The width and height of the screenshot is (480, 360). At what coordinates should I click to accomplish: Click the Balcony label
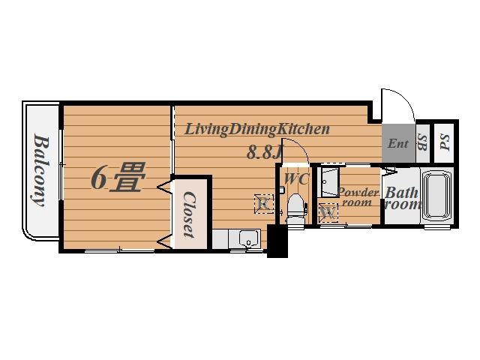[41, 172]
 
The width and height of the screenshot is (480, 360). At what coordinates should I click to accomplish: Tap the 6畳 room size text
[118, 178]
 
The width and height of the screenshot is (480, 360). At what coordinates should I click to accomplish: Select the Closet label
[189, 214]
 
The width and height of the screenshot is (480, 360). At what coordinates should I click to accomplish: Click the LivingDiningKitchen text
[257, 129]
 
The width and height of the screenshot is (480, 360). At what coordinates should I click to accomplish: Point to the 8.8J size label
[264, 152]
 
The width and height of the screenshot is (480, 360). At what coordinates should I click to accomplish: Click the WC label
[296, 178]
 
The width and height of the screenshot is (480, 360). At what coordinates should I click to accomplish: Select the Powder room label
[358, 197]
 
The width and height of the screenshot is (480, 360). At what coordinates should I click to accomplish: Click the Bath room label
[402, 198]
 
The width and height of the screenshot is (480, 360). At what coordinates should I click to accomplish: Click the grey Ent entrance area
[399, 143]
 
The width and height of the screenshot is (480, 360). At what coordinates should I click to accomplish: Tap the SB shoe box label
[422, 142]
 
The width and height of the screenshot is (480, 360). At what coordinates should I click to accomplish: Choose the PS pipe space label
[445, 142]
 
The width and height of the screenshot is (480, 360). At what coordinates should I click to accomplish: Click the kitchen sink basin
[248, 239]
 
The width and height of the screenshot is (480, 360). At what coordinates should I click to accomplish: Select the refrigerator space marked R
[264, 203]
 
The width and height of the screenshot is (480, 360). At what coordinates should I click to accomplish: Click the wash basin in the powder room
[328, 182]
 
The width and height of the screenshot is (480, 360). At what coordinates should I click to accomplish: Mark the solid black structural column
[277, 241]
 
